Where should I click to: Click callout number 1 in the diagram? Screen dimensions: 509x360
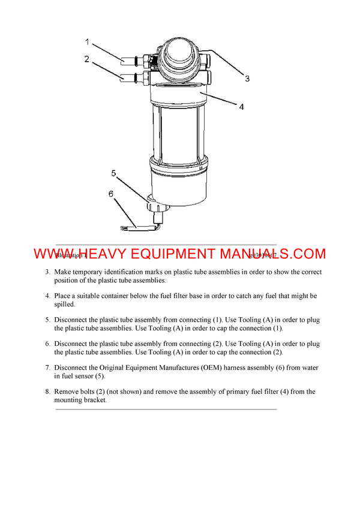pos(87,42)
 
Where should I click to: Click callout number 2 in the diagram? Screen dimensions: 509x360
pos(87,59)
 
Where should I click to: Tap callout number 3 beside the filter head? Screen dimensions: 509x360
pos(247,79)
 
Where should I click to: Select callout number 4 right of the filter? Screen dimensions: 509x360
pos(241,108)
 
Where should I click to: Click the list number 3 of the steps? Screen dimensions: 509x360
pos(47,272)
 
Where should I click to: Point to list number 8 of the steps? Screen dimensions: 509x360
pos(47,391)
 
